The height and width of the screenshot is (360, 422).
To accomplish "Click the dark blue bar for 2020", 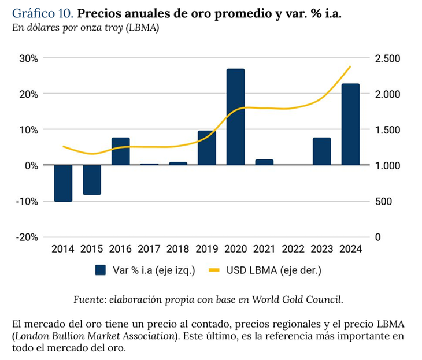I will click(235, 117).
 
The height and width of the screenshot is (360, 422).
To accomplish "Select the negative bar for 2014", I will click(63, 183).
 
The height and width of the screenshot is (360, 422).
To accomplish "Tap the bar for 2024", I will click(350, 124).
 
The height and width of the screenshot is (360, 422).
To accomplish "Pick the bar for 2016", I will click(120, 151).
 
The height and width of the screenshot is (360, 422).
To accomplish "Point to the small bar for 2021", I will click(264, 162).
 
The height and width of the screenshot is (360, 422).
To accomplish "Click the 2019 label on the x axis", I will click(206, 249).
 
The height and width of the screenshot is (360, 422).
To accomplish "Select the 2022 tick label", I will click(293, 249).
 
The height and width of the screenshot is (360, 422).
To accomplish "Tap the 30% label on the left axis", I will click(28, 58).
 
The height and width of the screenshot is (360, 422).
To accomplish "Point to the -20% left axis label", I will click(27, 237).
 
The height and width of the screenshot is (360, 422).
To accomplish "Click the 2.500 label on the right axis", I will click(387, 58).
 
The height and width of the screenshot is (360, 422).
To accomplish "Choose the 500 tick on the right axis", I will click(383, 201).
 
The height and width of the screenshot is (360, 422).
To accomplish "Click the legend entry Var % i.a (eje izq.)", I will click(145, 270).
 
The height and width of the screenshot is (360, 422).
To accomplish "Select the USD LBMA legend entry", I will click(266, 270).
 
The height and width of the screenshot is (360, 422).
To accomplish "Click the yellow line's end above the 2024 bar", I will click(350, 66).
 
